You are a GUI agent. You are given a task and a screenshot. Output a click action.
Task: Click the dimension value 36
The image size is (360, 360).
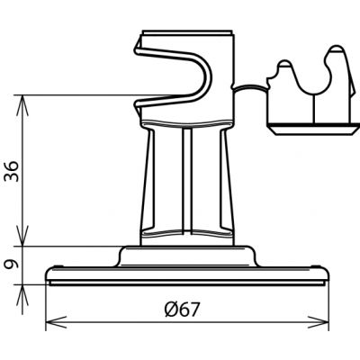click(x=11, y=171)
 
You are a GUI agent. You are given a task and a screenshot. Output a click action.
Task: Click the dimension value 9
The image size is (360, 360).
click(x=11, y=265)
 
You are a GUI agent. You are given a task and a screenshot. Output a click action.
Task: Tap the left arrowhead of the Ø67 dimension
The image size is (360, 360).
click(x=56, y=322)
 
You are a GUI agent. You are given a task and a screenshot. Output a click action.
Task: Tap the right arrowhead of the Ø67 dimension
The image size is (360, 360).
click(x=319, y=322)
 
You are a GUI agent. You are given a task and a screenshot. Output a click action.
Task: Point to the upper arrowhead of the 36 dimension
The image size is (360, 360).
click(x=22, y=105)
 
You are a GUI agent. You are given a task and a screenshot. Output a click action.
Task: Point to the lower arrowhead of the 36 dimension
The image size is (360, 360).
click(x=22, y=236)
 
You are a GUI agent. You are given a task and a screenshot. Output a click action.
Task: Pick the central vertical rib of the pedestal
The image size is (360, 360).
click(x=187, y=181)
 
